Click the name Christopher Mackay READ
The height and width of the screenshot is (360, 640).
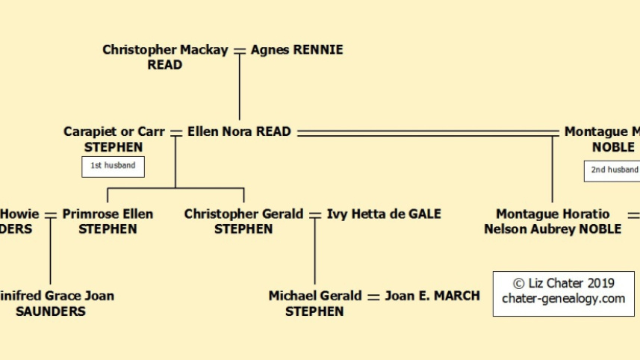(166, 58)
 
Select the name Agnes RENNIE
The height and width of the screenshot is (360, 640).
(296, 50)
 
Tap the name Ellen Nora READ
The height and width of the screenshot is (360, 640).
(239, 132)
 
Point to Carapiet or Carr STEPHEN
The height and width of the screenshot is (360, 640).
(114, 140)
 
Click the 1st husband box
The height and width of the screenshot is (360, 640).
(113, 166)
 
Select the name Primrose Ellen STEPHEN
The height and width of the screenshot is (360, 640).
(108, 221)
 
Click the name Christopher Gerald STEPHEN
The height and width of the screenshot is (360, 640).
(243, 221)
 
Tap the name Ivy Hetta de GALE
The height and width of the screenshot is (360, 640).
(384, 214)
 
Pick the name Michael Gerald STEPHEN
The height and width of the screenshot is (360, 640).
(315, 303)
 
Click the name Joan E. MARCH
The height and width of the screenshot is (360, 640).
(432, 296)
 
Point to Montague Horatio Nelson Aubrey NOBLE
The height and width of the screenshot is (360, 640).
(553, 221)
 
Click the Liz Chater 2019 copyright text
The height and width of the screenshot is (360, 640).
(563, 283)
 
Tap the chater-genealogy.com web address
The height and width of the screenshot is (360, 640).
(563, 299)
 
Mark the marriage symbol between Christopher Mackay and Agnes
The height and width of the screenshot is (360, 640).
(240, 50)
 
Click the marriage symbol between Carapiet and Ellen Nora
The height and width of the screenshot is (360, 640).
(176, 132)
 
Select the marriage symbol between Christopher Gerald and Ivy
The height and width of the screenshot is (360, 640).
(315, 214)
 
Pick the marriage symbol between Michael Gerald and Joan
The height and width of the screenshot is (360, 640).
(373, 296)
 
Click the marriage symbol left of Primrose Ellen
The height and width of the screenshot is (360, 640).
(51, 214)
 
